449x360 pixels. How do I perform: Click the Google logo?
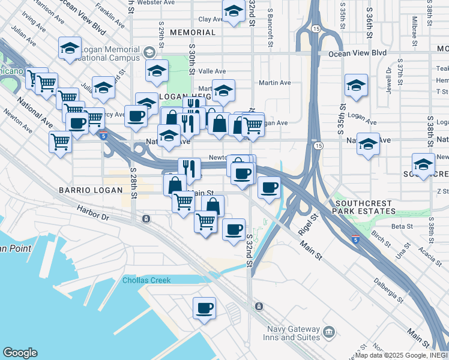pos(20,353)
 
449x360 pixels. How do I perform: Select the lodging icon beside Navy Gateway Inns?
pos(329,332)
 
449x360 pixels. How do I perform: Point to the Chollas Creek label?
pos(146,280)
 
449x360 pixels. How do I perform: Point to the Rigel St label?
pos(307,225)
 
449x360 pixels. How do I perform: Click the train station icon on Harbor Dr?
pos(146,218)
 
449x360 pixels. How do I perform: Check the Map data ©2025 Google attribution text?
pos(401,355)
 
